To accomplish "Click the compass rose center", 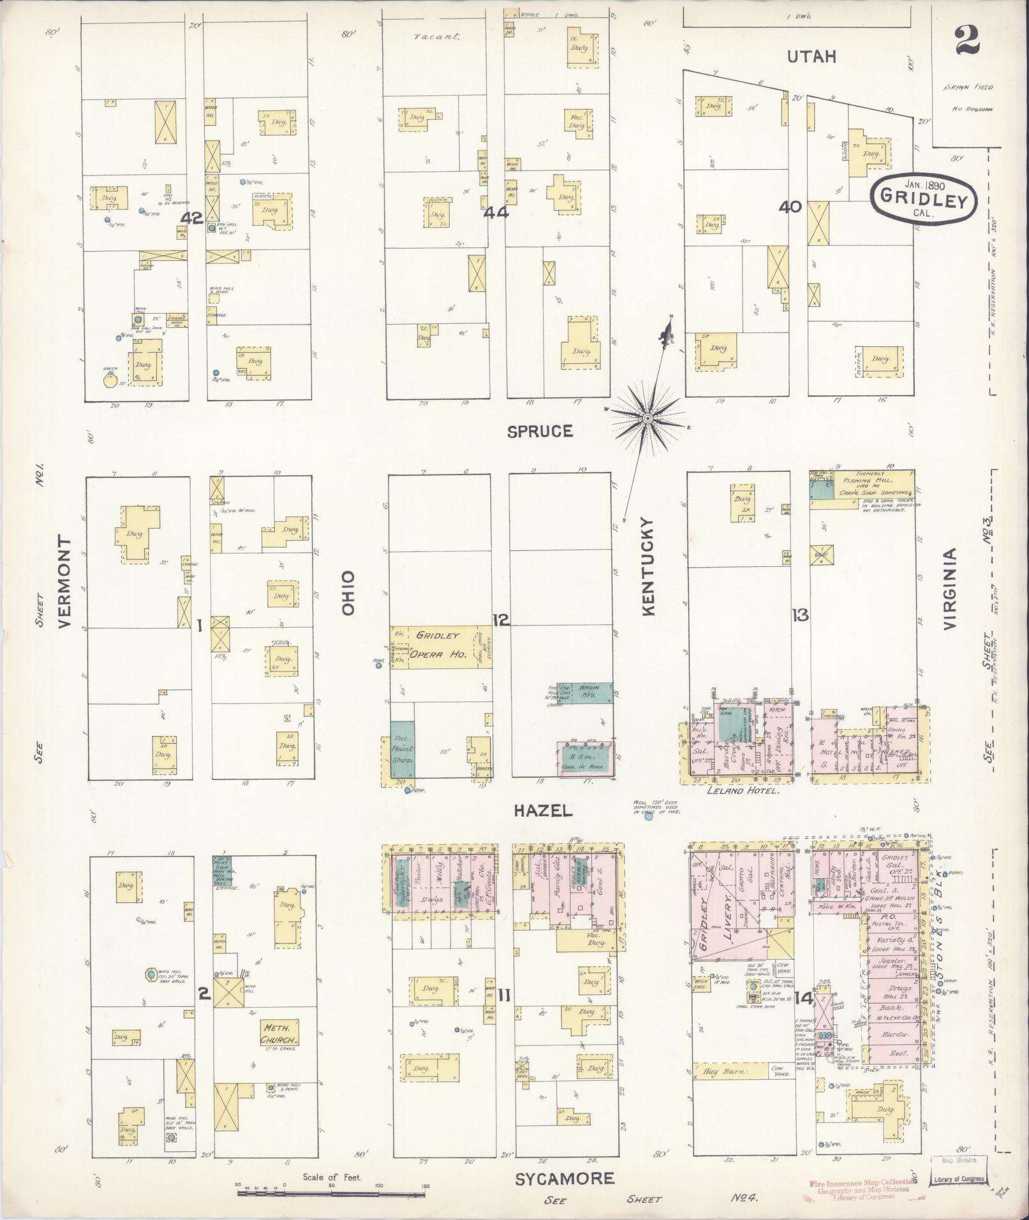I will coord(648,418).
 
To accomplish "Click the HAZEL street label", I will coord(544,811).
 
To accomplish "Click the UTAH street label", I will coord(811,57).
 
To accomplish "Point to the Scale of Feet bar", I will coord(332,1191).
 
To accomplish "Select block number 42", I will coord(191,218).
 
